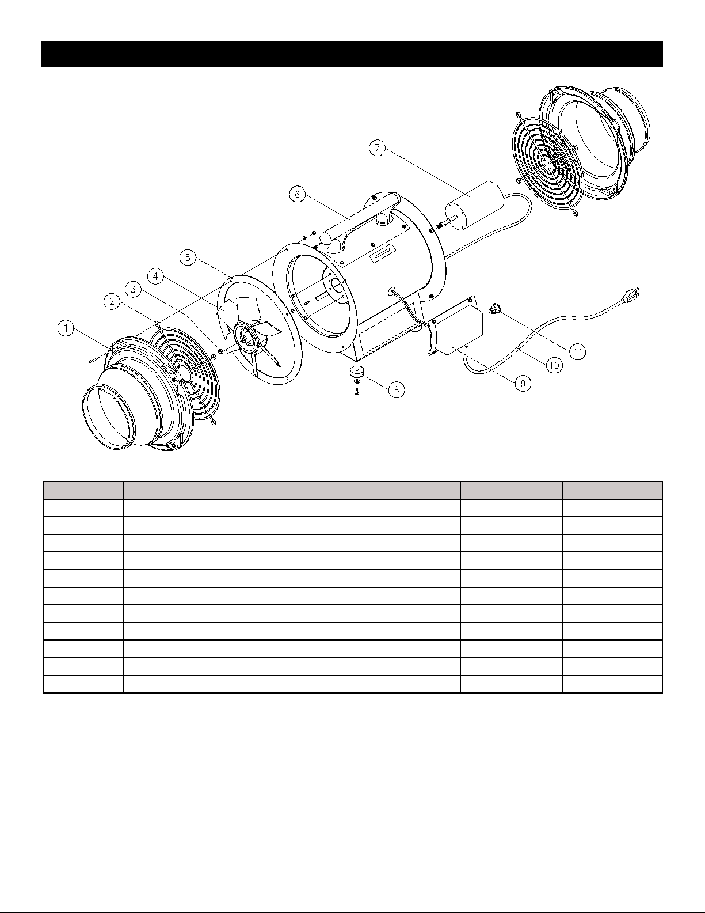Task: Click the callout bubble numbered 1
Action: pyautogui.click(x=66, y=328)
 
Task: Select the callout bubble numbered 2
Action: pyautogui.click(x=112, y=302)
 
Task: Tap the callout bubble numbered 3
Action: pyautogui.click(x=134, y=290)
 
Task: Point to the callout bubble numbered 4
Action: pyautogui.click(x=156, y=276)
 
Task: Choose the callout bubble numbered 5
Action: pyautogui.click(x=188, y=257)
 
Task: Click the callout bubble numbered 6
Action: pyautogui.click(x=298, y=194)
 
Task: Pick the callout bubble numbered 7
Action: pyautogui.click(x=378, y=148)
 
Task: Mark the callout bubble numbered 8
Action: pyautogui.click(x=397, y=390)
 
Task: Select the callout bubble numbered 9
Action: pyautogui.click(x=523, y=383)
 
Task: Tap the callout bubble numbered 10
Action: pyautogui.click(x=554, y=366)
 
